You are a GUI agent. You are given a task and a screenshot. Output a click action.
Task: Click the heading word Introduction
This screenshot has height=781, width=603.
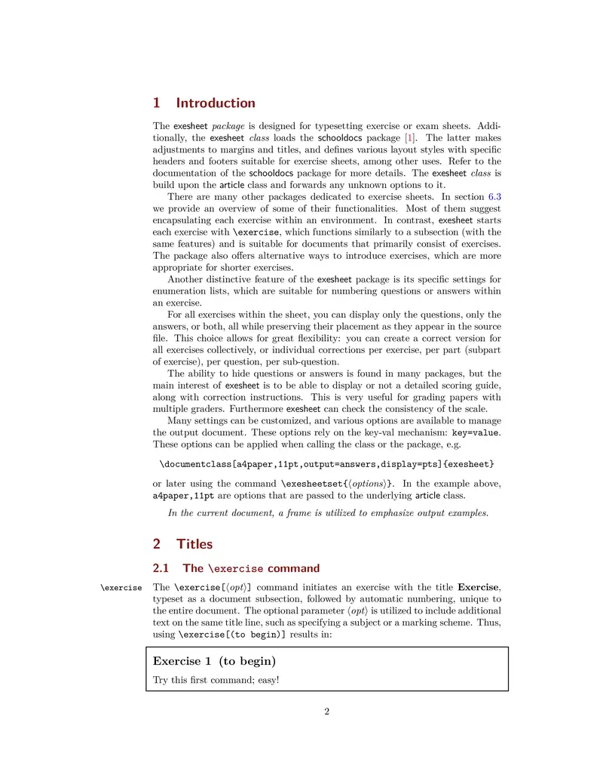click(x=216, y=103)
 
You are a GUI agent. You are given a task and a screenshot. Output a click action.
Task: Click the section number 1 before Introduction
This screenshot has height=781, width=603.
click(x=157, y=103)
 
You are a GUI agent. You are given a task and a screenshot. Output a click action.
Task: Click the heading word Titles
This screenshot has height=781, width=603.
click(x=194, y=544)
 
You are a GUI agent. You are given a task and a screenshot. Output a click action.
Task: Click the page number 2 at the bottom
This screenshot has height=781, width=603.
click(x=327, y=711)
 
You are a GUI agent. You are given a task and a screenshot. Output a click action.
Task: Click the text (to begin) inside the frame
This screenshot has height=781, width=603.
click(x=247, y=661)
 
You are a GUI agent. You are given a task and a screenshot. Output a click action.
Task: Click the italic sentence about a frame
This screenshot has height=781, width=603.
click(x=328, y=513)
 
